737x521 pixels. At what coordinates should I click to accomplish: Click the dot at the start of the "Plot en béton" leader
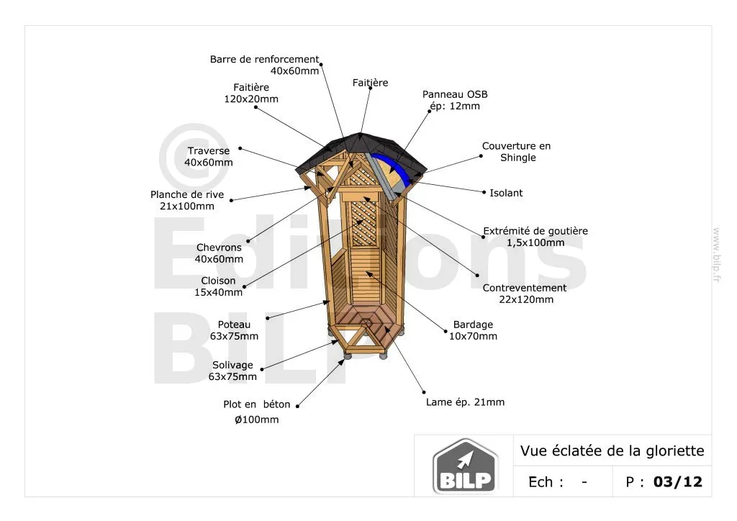pyautogui.click(x=297, y=407)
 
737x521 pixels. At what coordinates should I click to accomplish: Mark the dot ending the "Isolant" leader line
pyautogui.click(x=484, y=192)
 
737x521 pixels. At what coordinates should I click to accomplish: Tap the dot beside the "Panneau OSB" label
pyautogui.click(x=429, y=112)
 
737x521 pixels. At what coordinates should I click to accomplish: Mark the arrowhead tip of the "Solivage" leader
pyautogui.click(x=338, y=341)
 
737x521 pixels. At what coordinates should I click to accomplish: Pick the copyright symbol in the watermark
pyautogui.click(x=194, y=157)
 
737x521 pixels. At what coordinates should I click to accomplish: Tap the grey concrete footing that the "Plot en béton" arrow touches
pyautogui.click(x=348, y=356)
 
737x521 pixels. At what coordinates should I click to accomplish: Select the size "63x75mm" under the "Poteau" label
pyautogui.click(x=234, y=336)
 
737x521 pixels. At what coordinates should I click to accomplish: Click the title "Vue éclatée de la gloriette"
pyautogui.click(x=612, y=451)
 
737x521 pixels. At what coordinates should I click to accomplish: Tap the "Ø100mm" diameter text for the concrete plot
pyautogui.click(x=257, y=420)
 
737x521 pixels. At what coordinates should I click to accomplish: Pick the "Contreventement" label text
pyautogui.click(x=525, y=288)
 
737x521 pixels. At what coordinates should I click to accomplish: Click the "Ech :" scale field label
pyautogui.click(x=546, y=482)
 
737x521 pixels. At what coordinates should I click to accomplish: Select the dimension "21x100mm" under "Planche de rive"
pyautogui.click(x=187, y=207)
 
